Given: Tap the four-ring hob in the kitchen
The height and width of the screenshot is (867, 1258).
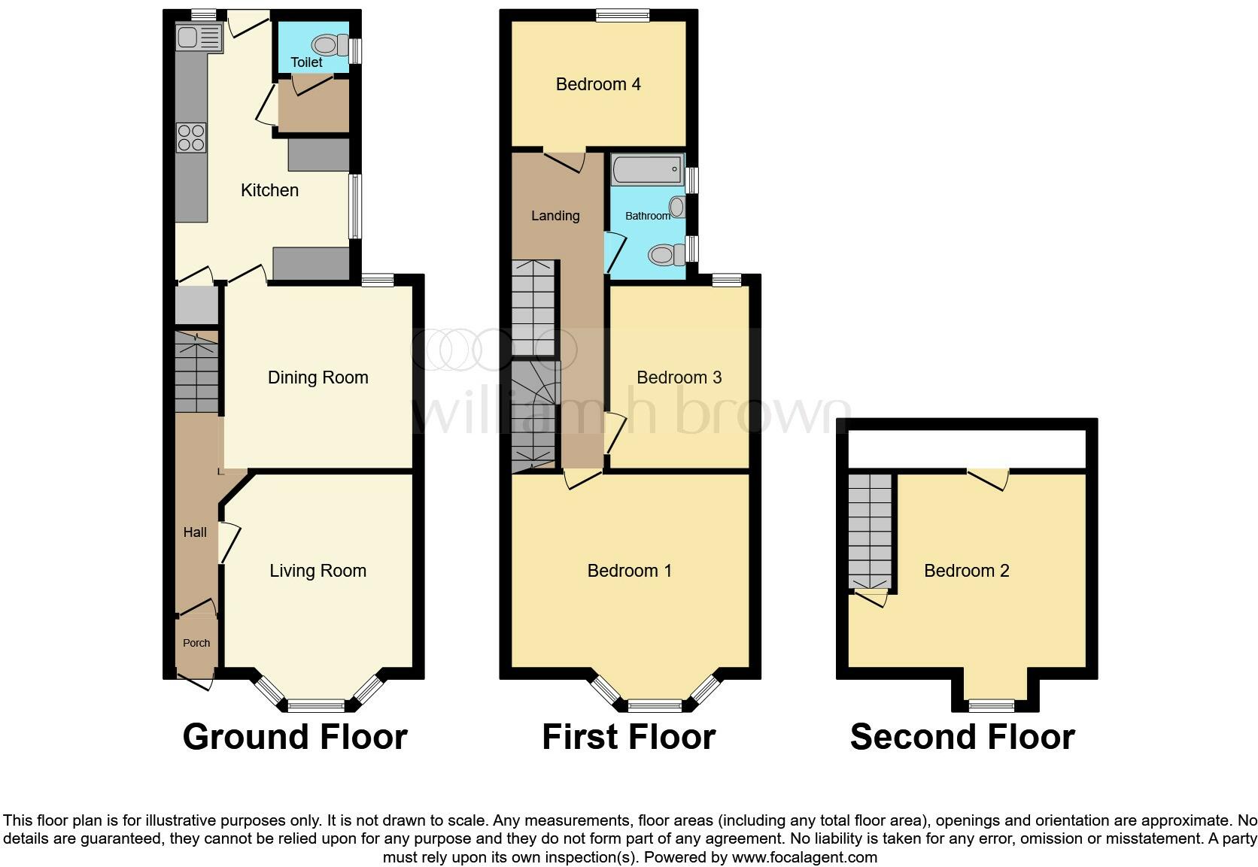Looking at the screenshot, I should pyautogui.click(x=191, y=138).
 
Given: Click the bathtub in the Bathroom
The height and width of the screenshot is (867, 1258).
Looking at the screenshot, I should pyautogui.click(x=647, y=169).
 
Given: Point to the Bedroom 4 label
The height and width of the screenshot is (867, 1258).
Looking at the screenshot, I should pyautogui.click(x=598, y=84).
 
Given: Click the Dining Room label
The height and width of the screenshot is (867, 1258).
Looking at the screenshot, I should pyautogui.click(x=318, y=377).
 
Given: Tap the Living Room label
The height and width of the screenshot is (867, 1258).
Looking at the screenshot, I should pyautogui.click(x=318, y=571).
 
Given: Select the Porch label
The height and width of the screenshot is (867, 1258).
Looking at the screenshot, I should pyautogui.click(x=196, y=643).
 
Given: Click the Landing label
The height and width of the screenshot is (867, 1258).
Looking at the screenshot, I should pyautogui.click(x=555, y=216).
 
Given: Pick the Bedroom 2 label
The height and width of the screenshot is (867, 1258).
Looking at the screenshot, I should pyautogui.click(x=966, y=571).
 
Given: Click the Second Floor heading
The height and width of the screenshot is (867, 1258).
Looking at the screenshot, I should pyautogui.click(x=962, y=737).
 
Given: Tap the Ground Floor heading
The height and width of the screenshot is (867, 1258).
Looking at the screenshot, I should pyautogui.click(x=295, y=737).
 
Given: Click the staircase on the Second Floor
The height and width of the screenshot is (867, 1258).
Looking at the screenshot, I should pyautogui.click(x=871, y=530).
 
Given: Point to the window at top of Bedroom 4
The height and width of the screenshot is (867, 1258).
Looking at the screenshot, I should pyautogui.click(x=622, y=15).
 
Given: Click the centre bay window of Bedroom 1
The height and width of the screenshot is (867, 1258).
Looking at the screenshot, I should pyautogui.click(x=655, y=705).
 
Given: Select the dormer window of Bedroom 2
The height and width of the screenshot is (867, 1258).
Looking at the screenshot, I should pyautogui.click(x=991, y=705).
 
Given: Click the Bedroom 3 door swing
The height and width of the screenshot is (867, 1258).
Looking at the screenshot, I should pyautogui.click(x=615, y=432).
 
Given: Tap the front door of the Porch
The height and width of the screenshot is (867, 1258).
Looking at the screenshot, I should pyautogui.click(x=197, y=681).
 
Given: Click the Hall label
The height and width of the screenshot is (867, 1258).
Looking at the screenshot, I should pyautogui.click(x=195, y=532).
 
